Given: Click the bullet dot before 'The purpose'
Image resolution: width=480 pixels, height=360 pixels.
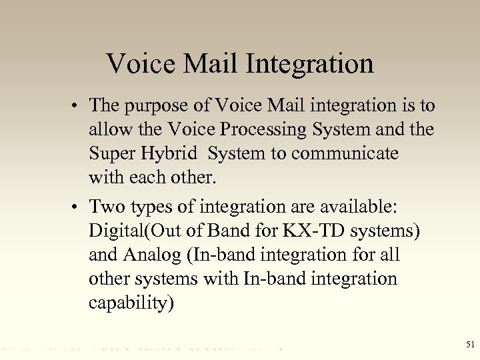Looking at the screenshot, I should pyautogui.click(x=78, y=106).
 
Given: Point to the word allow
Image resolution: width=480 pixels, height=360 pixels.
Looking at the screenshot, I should pyautogui.click(x=107, y=129).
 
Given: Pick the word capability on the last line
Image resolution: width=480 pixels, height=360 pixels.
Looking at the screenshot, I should pyautogui.click(x=131, y=303).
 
